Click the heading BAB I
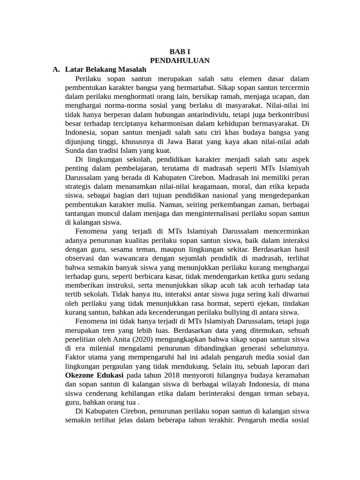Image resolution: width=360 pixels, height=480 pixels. click(x=180, y=52)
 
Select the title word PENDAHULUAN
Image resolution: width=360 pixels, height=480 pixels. click(x=180, y=60)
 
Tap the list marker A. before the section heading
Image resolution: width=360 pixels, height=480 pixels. click(x=56, y=69)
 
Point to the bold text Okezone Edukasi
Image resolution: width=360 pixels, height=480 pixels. click(x=94, y=375)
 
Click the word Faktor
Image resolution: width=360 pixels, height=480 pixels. click(x=75, y=358)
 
